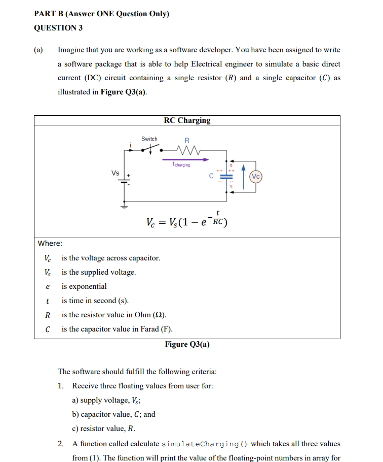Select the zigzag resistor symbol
[x=187, y=149]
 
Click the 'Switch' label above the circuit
[x=149, y=139]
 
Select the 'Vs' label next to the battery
[x=116, y=173]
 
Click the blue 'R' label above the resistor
[x=186, y=140]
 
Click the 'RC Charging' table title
[x=187, y=120]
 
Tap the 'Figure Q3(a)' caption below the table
[x=187, y=344]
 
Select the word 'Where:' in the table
[x=51, y=243]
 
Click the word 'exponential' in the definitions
[x=84, y=286]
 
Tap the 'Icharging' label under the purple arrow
[x=181, y=165]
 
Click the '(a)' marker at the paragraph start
[x=39, y=50]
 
